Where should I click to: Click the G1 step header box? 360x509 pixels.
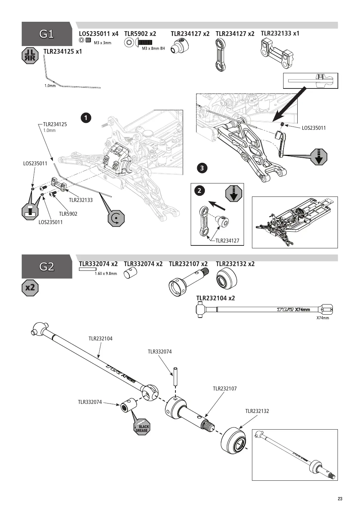click(x=47, y=34)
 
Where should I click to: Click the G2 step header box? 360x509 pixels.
click(x=47, y=266)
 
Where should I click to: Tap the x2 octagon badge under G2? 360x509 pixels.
click(x=30, y=288)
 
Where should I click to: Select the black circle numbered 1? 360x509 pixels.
click(x=86, y=118)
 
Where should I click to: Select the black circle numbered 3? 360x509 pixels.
click(x=202, y=168)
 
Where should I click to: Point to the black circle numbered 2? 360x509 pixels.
click(x=199, y=190)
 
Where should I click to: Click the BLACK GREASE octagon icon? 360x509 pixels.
click(x=142, y=428)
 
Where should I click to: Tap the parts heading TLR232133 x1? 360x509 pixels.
click(x=280, y=33)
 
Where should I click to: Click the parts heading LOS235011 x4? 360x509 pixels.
click(x=99, y=34)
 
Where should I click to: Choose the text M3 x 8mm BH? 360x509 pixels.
click(x=153, y=49)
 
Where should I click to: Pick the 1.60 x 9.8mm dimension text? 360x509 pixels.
click(x=106, y=274)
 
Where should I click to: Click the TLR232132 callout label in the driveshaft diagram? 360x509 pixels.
click(x=257, y=411)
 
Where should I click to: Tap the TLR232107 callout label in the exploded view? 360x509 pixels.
click(x=225, y=389)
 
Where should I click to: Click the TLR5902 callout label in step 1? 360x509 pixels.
click(x=68, y=214)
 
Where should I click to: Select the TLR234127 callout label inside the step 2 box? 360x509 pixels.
click(x=227, y=241)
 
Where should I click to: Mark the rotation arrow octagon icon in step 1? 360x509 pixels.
click(x=116, y=218)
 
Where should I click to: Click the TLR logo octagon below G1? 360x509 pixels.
click(x=30, y=55)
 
